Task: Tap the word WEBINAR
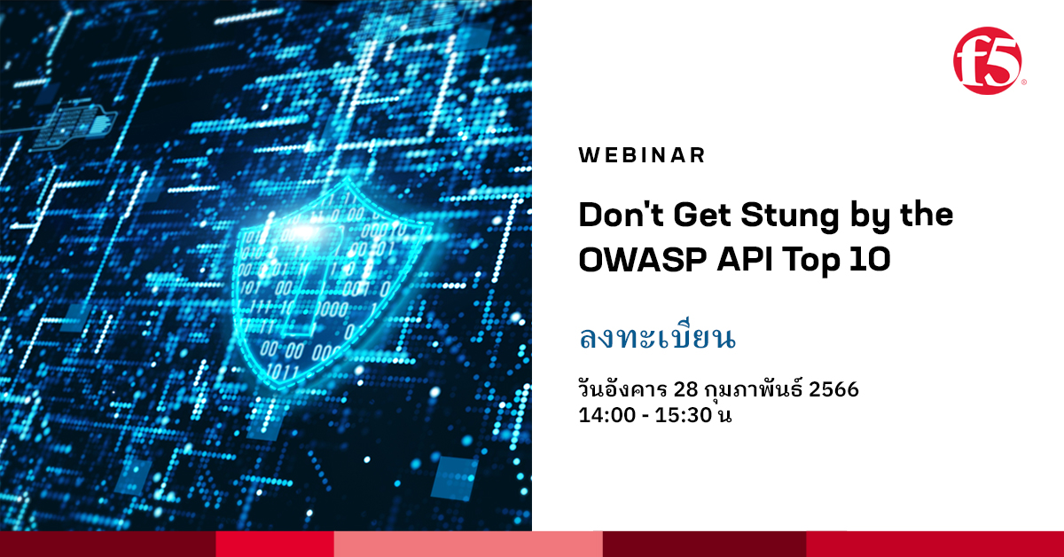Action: pos(642,155)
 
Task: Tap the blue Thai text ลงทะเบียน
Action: pos(658,339)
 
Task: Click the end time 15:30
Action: pos(685,413)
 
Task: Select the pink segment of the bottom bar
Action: pos(468,544)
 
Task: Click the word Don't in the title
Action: pos(619,216)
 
